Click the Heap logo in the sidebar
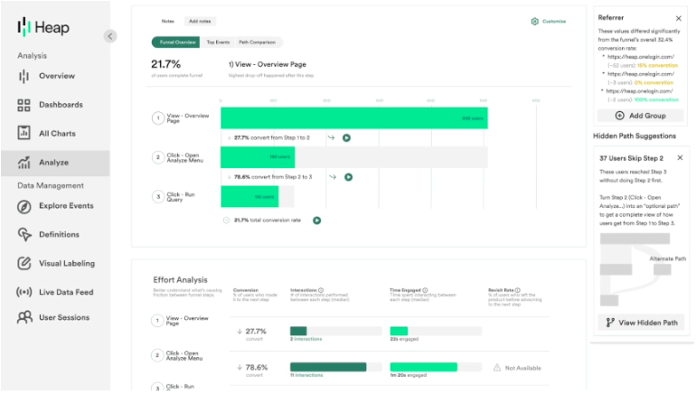coord(42,28)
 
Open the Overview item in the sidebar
coord(56,76)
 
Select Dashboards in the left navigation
coord(60,105)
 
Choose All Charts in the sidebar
coord(56,134)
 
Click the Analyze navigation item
coord(52,163)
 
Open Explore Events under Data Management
coord(65,206)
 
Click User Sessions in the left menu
coord(63,318)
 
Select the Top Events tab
coord(217,42)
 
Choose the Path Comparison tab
coord(258,42)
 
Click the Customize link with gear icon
coord(549,21)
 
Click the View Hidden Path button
coord(641,323)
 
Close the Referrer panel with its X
coord(679,18)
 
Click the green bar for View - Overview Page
coord(353,118)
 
